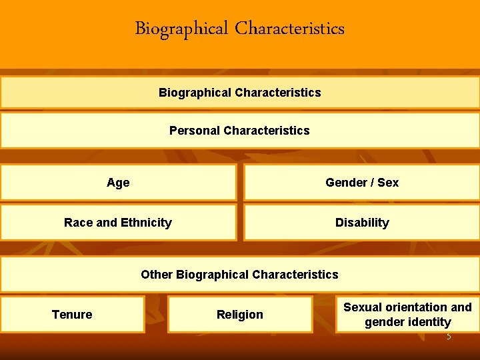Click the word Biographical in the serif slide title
181,29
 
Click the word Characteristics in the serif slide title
290,29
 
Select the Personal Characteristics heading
239,131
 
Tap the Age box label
118,183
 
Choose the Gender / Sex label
362,183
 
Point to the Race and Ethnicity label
118,223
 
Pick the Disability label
362,223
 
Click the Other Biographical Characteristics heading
239,275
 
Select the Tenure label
72,315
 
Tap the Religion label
240,315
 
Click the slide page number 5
449,337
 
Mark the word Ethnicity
145,223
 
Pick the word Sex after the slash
388,183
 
